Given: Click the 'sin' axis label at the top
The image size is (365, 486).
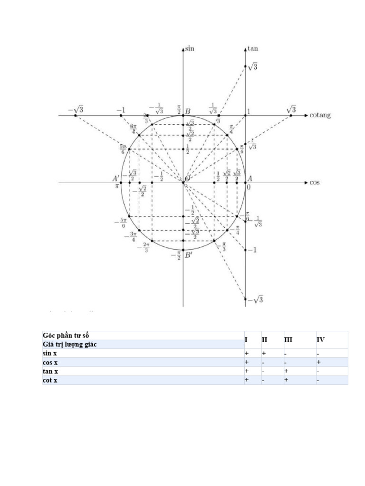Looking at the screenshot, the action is pyautogui.click(x=190, y=48).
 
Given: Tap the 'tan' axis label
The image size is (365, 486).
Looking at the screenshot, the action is pyautogui.click(x=253, y=48).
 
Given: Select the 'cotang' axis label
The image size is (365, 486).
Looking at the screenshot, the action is pyautogui.click(x=320, y=115).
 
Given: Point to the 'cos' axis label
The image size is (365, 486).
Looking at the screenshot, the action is pyautogui.click(x=315, y=182).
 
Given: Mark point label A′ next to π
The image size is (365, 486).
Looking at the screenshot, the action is pyautogui.click(x=116, y=178).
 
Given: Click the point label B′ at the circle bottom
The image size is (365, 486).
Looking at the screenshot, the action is pyautogui.click(x=188, y=255).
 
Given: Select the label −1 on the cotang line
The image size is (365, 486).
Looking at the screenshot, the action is pyautogui.click(x=121, y=110).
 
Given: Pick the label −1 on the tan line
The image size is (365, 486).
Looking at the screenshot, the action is pyautogui.click(x=252, y=250).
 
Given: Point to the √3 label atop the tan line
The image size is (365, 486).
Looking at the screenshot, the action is pyautogui.click(x=253, y=67).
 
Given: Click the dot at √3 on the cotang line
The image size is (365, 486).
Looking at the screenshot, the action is pyautogui.click(x=291, y=115).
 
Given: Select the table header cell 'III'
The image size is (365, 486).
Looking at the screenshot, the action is pyautogui.click(x=288, y=340).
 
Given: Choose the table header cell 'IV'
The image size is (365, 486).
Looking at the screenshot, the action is pyautogui.click(x=321, y=340).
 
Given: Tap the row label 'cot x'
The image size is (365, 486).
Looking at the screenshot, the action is pyautogui.click(x=50, y=380).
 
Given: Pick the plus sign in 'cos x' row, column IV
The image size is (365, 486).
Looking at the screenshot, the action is pyautogui.click(x=318, y=362).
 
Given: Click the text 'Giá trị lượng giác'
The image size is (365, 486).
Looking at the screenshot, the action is pyautogui.click(x=70, y=345).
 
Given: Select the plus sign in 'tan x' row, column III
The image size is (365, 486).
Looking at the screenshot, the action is pyautogui.click(x=286, y=371).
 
